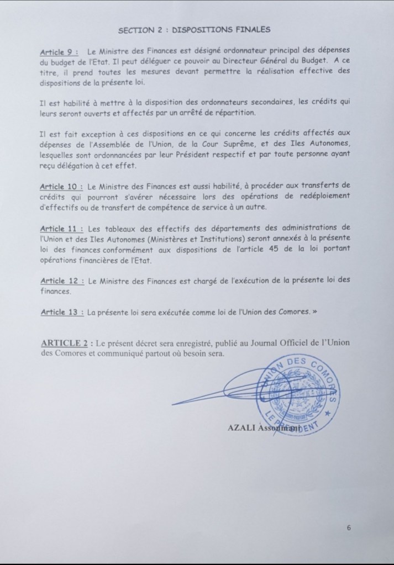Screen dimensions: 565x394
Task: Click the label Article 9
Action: (x=57, y=52)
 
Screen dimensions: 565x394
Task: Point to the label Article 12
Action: (x=60, y=281)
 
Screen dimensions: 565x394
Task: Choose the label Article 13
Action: (x=60, y=312)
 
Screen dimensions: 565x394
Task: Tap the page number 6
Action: (x=349, y=527)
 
